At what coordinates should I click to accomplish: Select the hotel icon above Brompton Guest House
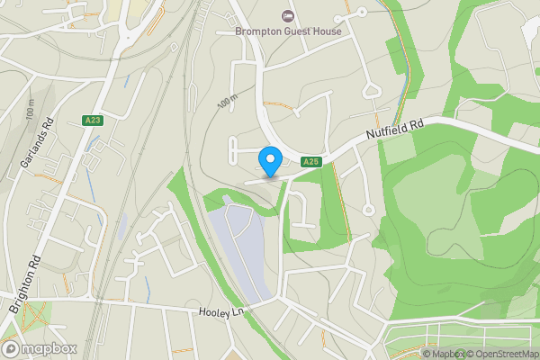pyautogui.click(x=287, y=15)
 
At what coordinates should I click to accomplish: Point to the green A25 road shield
pyautogui.click(x=310, y=161)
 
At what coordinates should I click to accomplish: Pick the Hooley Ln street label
pyautogui.click(x=221, y=310)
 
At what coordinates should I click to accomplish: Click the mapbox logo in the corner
pyautogui.click(x=40, y=348)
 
